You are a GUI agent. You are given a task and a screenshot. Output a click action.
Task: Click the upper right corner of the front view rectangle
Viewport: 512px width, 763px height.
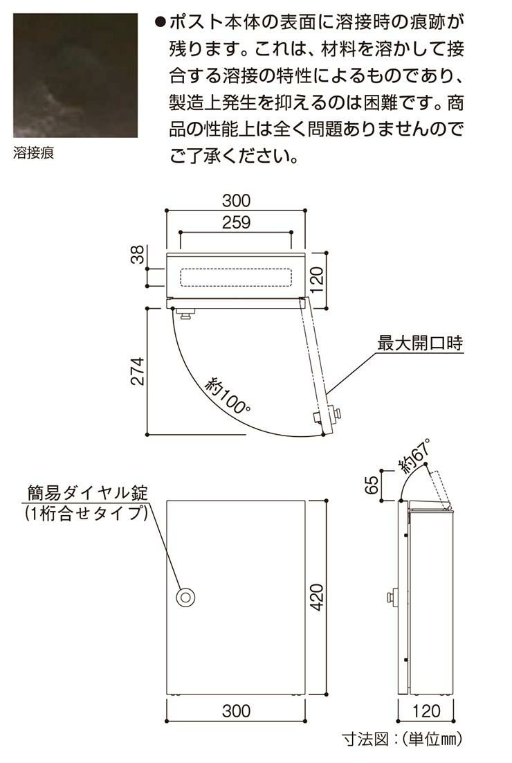(305, 500)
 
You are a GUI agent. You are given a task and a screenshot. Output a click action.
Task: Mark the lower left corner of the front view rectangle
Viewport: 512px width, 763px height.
(167, 694)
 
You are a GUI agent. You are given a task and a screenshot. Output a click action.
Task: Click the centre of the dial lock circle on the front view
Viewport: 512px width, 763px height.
(185, 597)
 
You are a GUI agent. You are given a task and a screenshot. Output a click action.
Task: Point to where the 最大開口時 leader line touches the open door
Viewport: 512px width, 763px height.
(327, 393)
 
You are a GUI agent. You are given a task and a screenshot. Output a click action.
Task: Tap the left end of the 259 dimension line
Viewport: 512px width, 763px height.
(181, 233)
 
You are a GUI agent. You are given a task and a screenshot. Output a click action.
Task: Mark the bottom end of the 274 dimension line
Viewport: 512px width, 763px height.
(147, 435)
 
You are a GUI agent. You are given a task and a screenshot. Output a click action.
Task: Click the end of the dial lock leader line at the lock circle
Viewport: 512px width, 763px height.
(180, 591)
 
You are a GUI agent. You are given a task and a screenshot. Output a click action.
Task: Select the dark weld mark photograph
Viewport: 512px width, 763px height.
(75, 75)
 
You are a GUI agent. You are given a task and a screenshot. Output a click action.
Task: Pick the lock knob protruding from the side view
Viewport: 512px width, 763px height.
(392, 597)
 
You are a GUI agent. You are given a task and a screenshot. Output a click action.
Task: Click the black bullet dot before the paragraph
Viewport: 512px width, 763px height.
(160, 22)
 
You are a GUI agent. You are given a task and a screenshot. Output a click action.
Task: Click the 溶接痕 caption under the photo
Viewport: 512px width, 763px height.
(33, 153)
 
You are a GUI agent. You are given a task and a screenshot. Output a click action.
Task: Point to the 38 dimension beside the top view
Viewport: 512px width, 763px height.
(138, 254)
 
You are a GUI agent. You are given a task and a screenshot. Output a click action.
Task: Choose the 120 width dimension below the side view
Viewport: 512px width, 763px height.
(426, 711)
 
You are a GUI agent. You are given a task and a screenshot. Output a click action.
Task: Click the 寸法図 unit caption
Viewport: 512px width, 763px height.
(402, 739)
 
